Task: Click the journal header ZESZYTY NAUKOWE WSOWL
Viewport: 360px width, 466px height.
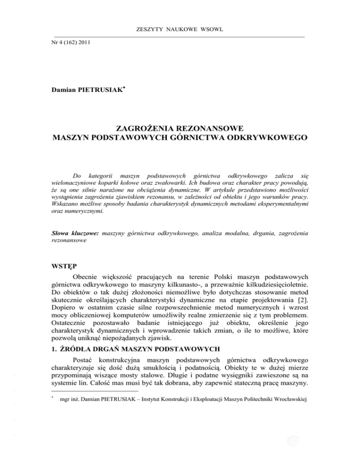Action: coord(180,30)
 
